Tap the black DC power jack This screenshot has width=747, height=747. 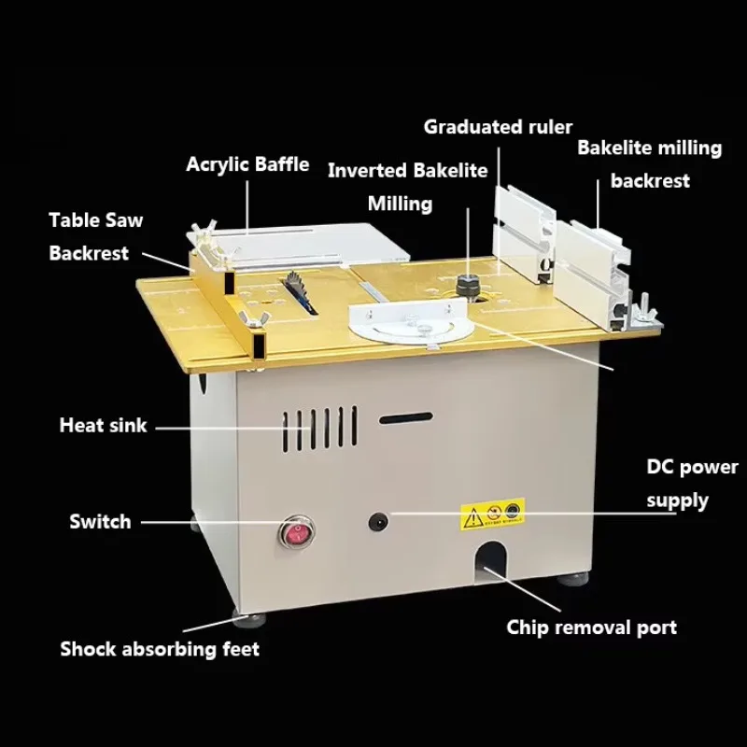(378, 522)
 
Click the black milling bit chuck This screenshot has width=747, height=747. (468, 286)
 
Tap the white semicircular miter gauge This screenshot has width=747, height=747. (410, 324)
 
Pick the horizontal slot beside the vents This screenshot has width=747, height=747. (406, 418)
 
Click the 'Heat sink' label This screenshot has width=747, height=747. (103, 425)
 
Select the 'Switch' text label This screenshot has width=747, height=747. (100, 522)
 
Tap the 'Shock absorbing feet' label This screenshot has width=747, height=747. (160, 649)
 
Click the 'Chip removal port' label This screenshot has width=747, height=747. (591, 627)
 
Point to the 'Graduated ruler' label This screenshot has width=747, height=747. (498, 127)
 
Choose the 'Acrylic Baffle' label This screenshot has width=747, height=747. (247, 164)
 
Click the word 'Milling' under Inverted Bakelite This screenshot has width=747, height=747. (400, 204)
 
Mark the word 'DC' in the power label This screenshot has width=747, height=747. (660, 467)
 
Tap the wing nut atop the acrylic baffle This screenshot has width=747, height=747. (204, 232)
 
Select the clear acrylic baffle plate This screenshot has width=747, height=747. (298, 246)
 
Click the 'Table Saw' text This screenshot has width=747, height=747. (96, 220)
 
